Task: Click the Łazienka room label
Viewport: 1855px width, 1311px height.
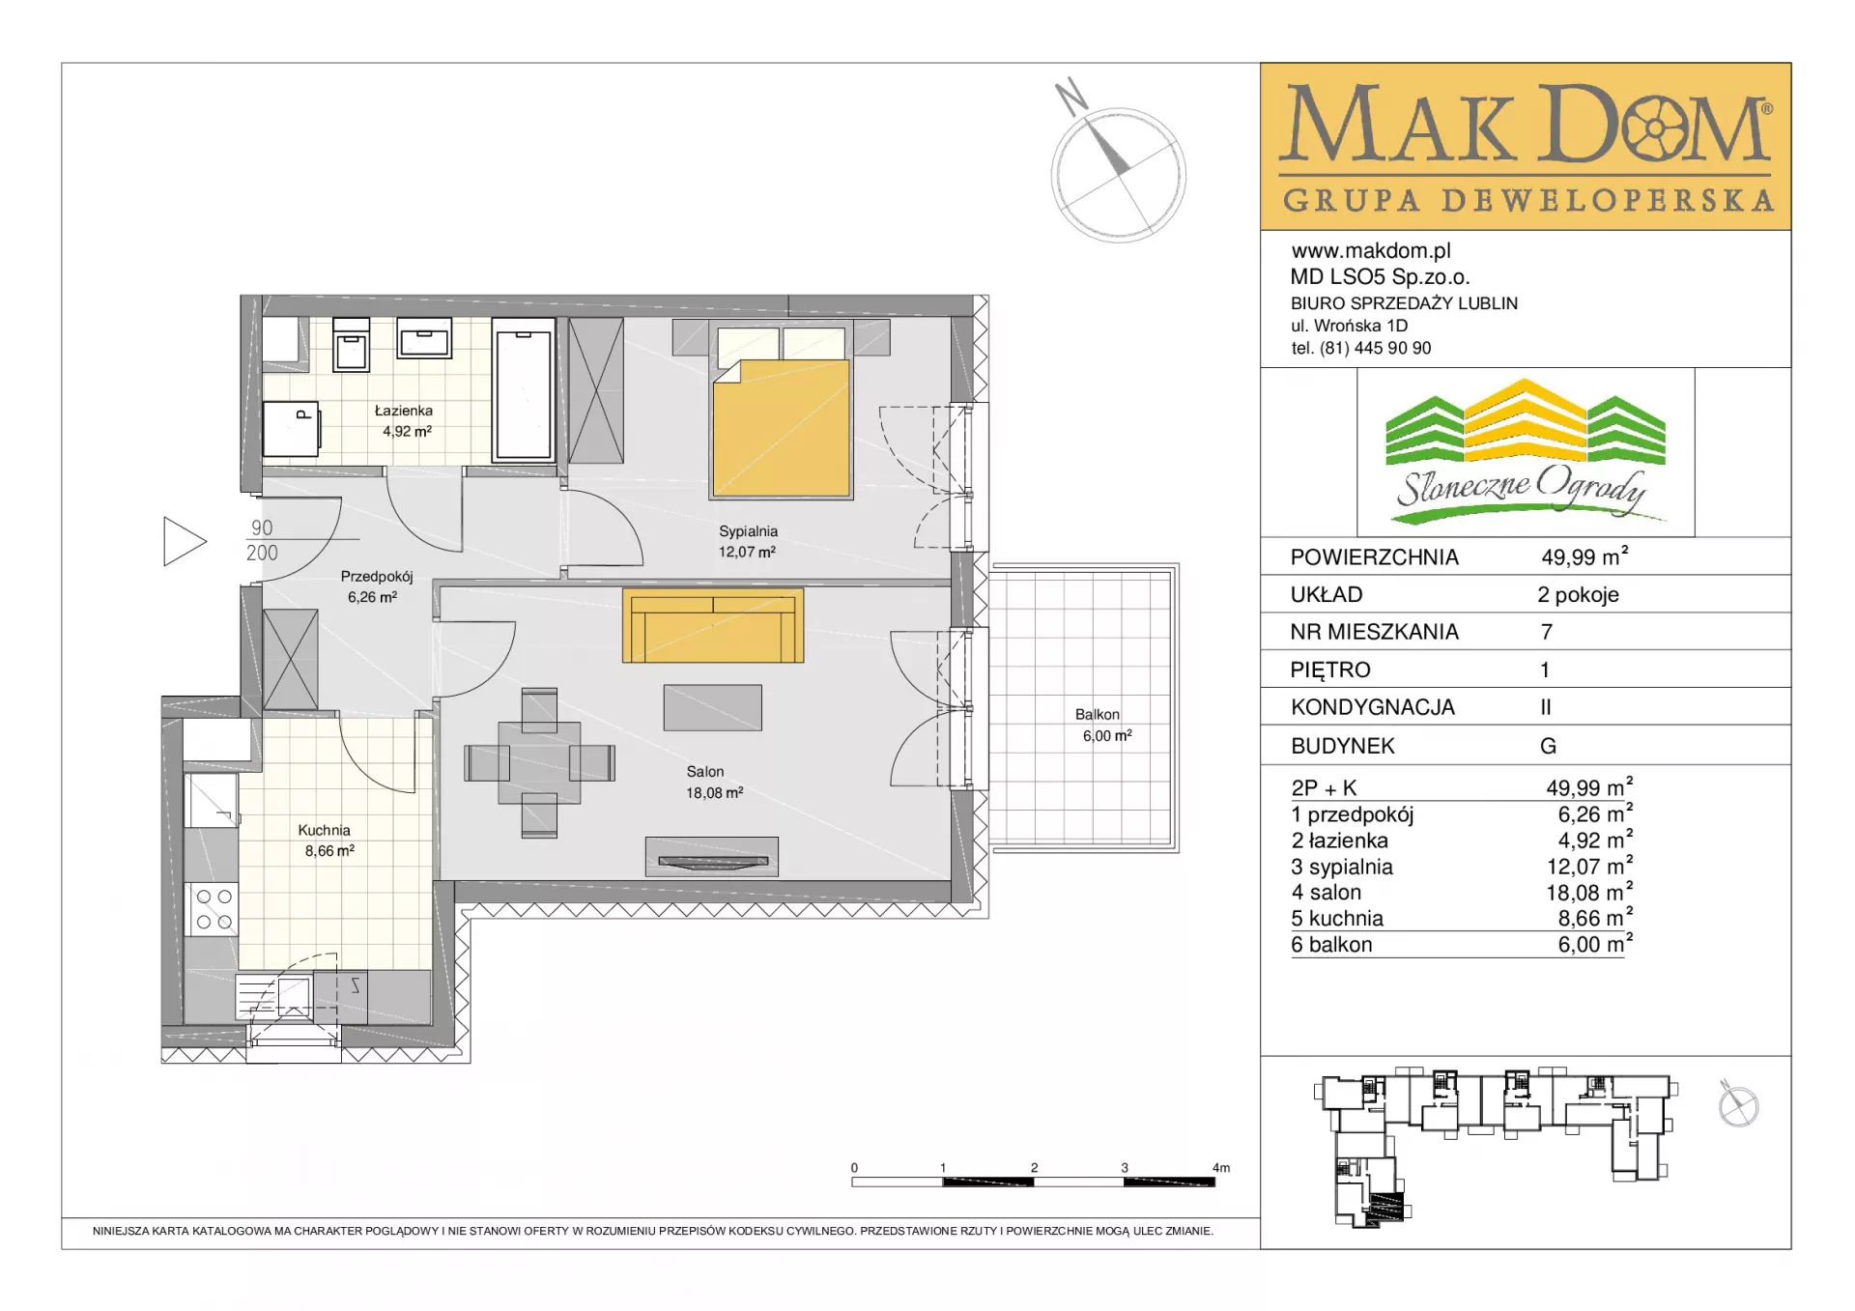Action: pos(404,411)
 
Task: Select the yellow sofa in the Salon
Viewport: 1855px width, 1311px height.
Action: pos(713,625)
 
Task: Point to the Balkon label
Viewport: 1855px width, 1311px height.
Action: pos(1098,715)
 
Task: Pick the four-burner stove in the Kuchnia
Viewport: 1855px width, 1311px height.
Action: pos(213,909)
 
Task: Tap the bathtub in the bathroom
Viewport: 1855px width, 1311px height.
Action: pos(524,389)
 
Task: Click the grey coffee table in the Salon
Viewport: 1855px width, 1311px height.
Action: pos(713,707)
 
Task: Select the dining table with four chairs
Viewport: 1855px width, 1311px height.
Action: pos(539,762)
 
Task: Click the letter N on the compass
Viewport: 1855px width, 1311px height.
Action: pos(1071,97)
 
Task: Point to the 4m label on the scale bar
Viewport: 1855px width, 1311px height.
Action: pos(1221,1168)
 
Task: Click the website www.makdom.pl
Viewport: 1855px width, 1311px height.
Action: pos(1371,251)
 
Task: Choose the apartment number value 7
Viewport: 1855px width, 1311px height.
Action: pos(1547,632)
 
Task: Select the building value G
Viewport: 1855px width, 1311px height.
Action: pos(1548,746)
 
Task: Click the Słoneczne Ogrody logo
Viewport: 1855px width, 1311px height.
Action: pos(1526,451)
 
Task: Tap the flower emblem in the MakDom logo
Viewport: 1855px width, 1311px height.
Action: pos(1655,127)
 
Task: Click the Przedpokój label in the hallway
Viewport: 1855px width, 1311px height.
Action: pos(377,577)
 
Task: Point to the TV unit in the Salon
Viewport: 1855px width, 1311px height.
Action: pos(711,857)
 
